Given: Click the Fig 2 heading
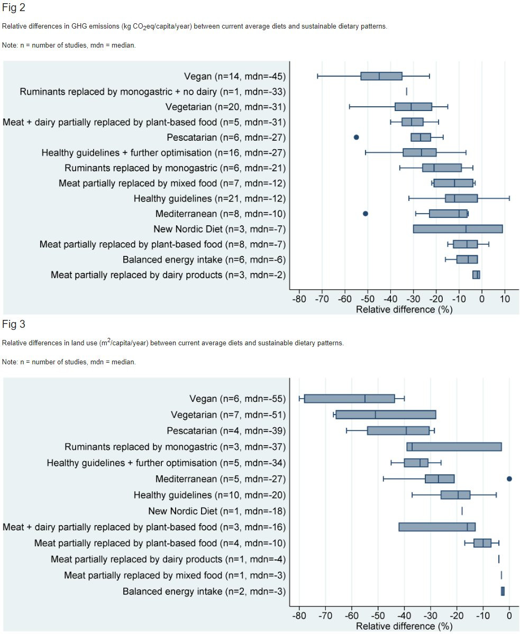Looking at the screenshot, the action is coord(13,8).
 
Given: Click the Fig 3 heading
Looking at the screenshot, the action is coord(13,324).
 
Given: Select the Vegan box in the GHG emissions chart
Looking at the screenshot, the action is coord(381,76).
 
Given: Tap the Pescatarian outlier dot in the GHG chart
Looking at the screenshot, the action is coord(356,137).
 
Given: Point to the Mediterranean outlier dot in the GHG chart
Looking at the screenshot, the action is coord(366,214).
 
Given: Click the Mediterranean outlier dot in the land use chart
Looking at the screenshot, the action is coord(509,479).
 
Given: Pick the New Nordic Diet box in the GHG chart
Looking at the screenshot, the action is coord(458,229).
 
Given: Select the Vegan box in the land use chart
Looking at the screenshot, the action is coord(349,398).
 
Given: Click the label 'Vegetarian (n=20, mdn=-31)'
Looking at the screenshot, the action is coord(226,107).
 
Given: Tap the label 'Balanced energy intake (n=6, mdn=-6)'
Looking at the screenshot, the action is coord(204,260).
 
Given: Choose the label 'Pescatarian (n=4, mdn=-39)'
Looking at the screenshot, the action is coord(226,431).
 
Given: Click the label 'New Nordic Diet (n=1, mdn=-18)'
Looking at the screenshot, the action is coord(217,511).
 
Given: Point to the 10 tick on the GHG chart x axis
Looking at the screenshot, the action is coord(505,299).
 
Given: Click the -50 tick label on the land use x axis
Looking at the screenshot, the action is coord(378,616).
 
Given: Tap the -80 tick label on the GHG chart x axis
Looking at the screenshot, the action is coord(299,299).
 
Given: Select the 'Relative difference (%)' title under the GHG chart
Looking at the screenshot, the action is coord(404,310).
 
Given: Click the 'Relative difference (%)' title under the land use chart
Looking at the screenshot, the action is coord(404,626).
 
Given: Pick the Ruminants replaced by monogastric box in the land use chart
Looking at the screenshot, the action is coord(454,447).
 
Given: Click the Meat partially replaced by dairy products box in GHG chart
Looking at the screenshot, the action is coord(476,275).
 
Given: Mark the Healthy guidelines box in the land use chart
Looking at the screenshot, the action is coord(455,495).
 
